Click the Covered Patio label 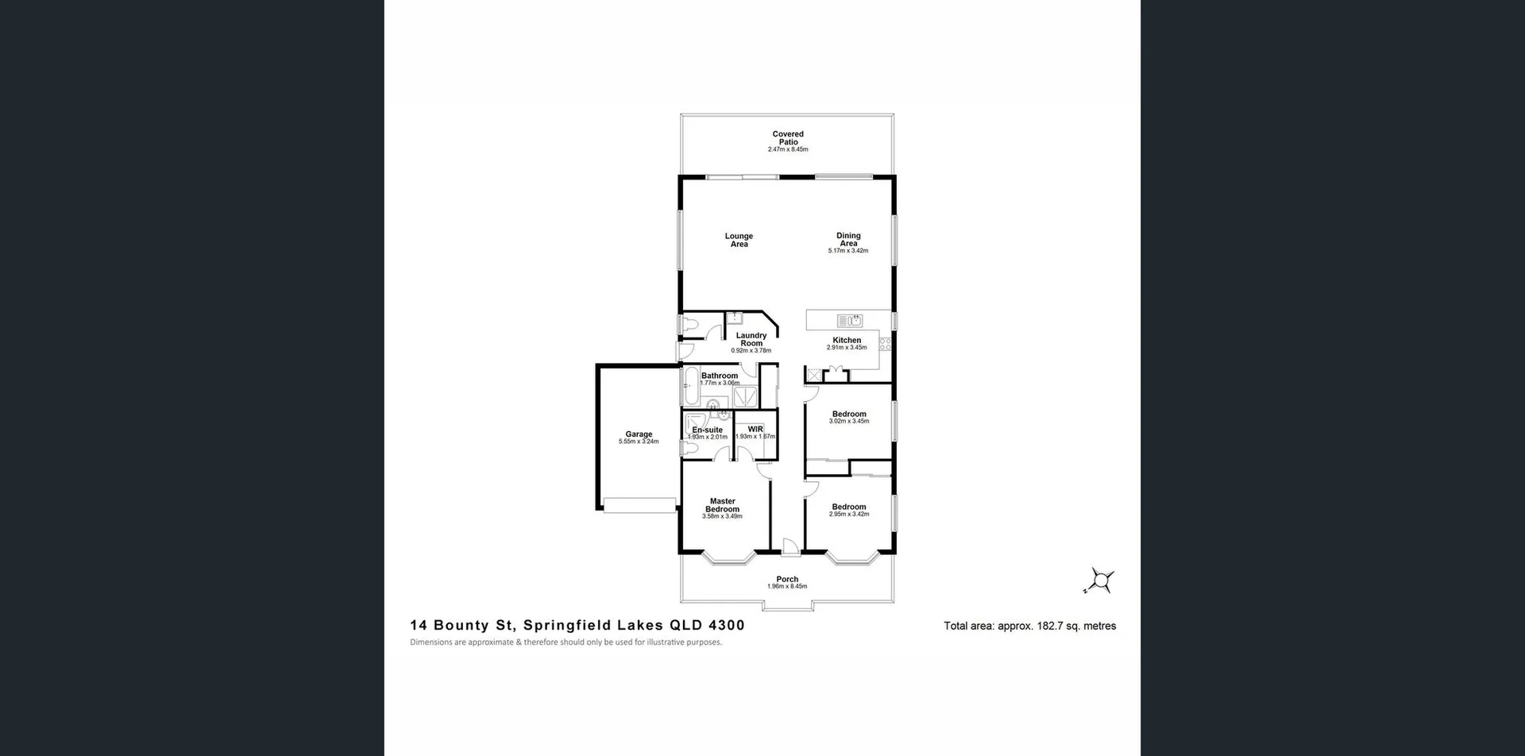[x=788, y=138]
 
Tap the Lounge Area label [x=739, y=240]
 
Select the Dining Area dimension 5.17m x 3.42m [x=848, y=251]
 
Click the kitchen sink [x=850, y=321]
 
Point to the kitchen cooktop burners [x=885, y=344]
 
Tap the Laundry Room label [x=751, y=339]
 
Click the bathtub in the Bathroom [x=689, y=387]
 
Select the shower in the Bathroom [x=745, y=396]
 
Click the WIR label [x=755, y=429]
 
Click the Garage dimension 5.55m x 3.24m [x=639, y=442]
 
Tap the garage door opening [x=639, y=505]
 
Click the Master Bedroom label [x=723, y=505]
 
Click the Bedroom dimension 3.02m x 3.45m [x=849, y=422]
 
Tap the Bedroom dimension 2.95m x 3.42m [x=849, y=515]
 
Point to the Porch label [x=787, y=579]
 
